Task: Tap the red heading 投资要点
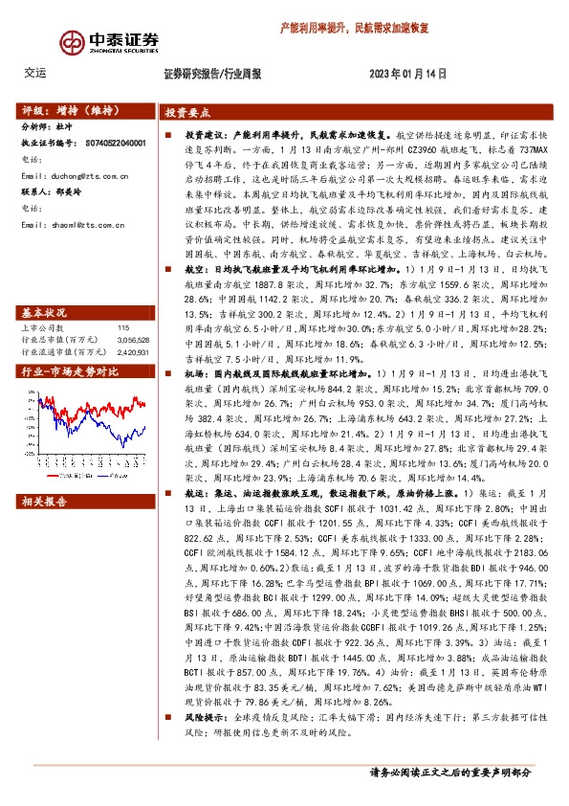(x=187, y=112)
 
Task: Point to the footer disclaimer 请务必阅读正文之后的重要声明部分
(x=449, y=771)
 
